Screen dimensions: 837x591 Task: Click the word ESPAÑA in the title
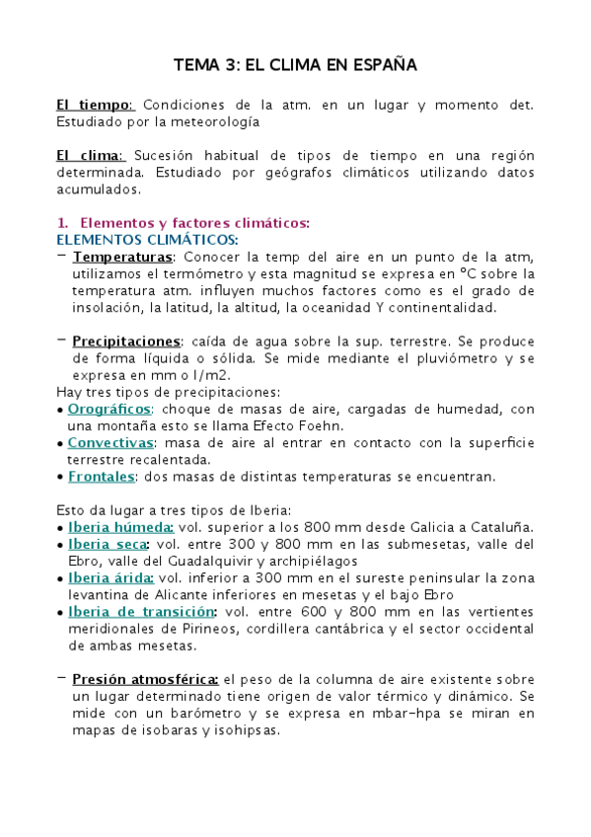381,65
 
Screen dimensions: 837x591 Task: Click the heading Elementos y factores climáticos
194,222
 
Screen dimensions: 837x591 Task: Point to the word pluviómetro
439,358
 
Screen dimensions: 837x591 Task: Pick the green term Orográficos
110,409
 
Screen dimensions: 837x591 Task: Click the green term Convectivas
110,442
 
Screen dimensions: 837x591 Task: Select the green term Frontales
101,477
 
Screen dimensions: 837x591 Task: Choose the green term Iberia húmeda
108,527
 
